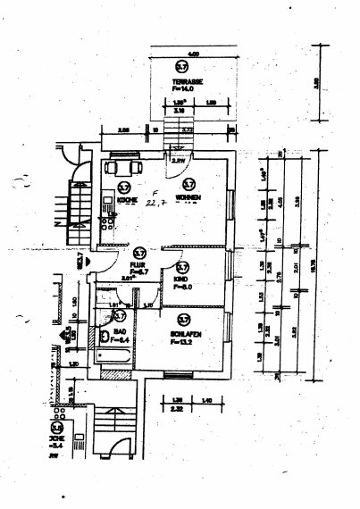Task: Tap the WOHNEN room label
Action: pos(188,197)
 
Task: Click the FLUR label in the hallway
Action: pos(138,264)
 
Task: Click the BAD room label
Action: pos(117,331)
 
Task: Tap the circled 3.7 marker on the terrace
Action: pos(181,67)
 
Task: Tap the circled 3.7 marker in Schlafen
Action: pos(182,318)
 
